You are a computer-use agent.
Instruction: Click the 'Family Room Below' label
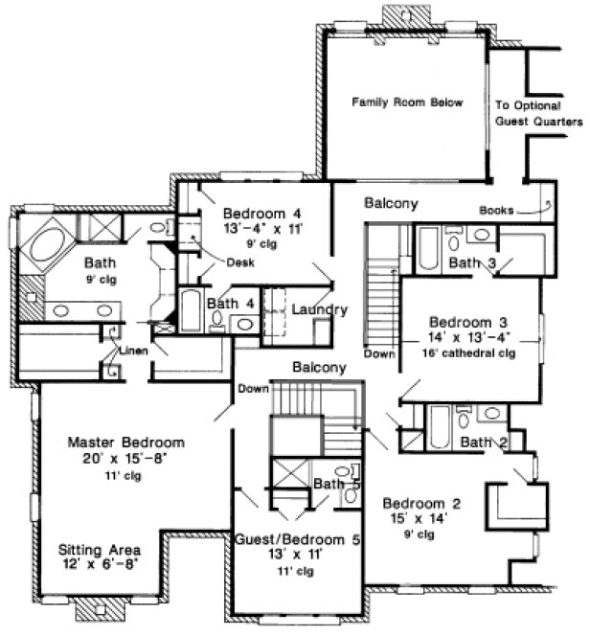coord(407,102)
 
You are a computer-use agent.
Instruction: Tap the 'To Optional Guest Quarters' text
coord(538,114)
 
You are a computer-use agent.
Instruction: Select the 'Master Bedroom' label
coord(125,443)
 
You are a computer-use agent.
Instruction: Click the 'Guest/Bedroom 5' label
coord(297,540)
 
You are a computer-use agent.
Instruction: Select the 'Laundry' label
coord(319,309)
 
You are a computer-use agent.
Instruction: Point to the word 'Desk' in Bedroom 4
coord(239,262)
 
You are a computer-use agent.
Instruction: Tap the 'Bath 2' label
coord(481,442)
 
